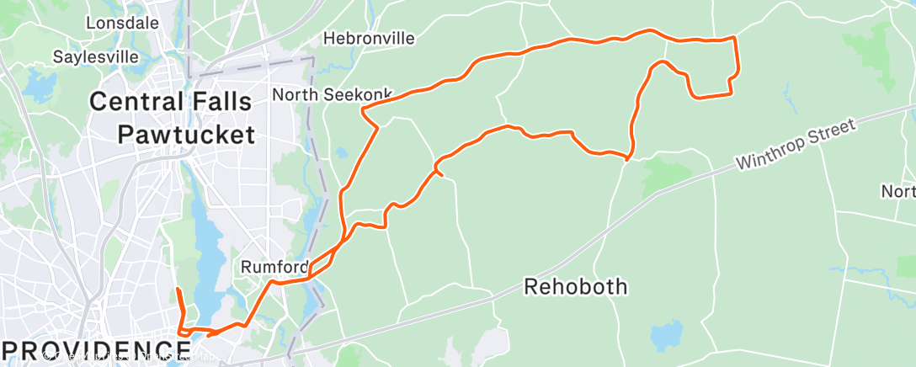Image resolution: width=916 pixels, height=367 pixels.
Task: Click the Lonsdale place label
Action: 122,23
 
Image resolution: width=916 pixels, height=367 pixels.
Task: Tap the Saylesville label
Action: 95,57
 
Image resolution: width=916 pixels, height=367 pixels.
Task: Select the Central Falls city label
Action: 171,103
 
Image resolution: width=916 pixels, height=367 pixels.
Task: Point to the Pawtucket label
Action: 186,134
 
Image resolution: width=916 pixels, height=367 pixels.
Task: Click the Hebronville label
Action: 370,39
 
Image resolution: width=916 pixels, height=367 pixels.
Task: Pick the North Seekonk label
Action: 323,94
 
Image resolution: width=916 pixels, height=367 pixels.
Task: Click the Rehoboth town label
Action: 576,286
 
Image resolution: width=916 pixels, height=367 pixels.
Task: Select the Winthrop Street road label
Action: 796,145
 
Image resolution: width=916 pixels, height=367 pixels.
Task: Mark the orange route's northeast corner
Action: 735,38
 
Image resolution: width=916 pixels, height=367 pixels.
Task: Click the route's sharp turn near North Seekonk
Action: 362,109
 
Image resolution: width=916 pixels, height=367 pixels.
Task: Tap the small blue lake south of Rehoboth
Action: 665,335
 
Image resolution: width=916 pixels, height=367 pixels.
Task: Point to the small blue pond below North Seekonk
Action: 341,153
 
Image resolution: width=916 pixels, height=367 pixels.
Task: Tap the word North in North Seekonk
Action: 296,94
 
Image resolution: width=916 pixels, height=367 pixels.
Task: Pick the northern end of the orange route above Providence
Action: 178,290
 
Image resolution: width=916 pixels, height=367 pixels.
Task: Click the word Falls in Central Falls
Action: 222,103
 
